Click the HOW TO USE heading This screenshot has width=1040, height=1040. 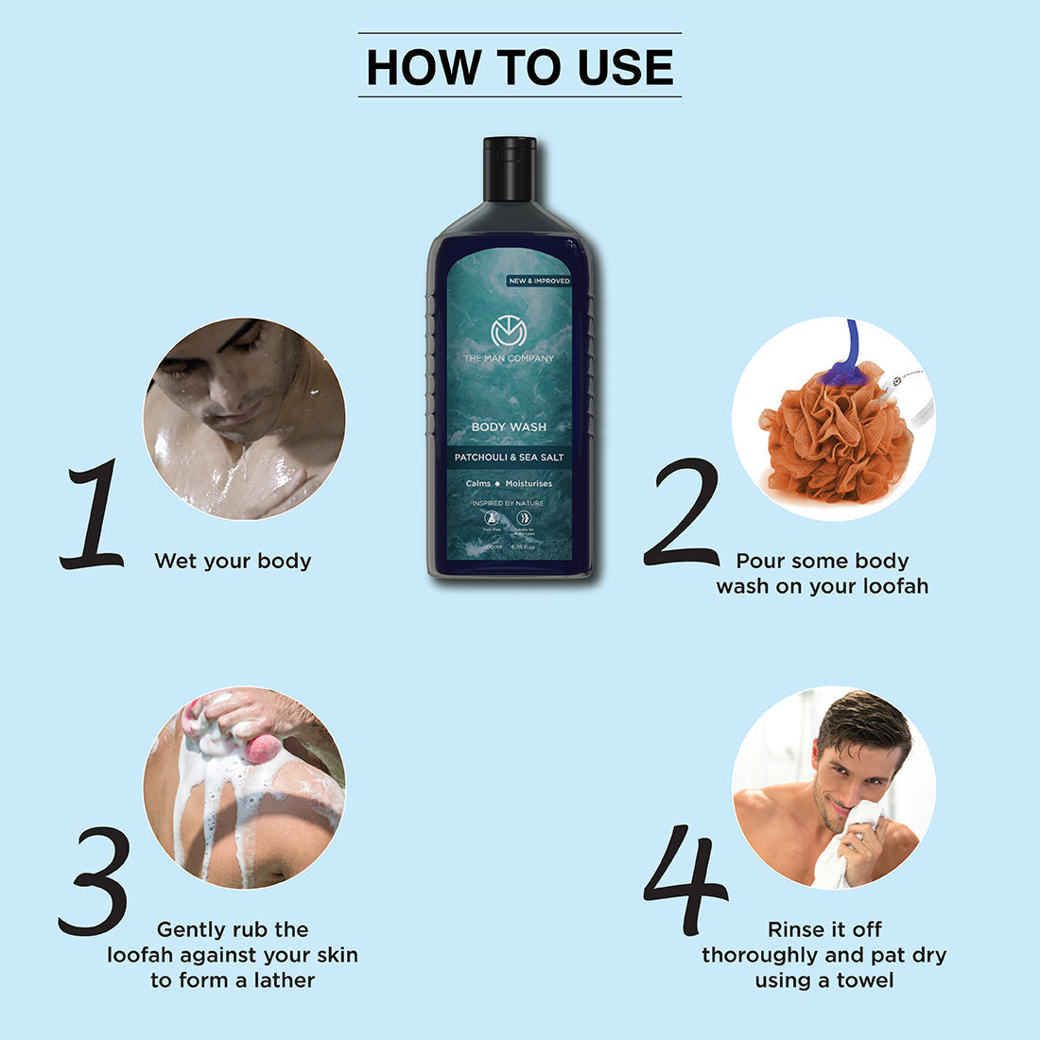(519, 66)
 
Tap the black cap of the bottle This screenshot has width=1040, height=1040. (510, 168)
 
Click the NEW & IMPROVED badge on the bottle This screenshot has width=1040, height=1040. (539, 281)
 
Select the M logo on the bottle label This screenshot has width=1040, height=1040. (508, 332)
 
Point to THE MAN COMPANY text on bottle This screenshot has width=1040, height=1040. (509, 358)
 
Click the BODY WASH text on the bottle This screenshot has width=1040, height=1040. (509, 426)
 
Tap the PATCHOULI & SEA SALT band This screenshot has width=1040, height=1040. (509, 458)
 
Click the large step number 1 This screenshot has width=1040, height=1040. (93, 515)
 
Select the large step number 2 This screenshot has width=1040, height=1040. (683, 513)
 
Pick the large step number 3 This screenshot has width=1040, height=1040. (95, 879)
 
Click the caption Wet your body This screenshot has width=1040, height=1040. (233, 561)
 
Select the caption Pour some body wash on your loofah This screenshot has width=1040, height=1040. (823, 574)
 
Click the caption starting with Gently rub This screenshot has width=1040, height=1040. (233, 955)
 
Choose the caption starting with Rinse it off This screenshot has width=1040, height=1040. (823, 955)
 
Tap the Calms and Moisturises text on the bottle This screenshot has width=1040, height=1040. (509, 483)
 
